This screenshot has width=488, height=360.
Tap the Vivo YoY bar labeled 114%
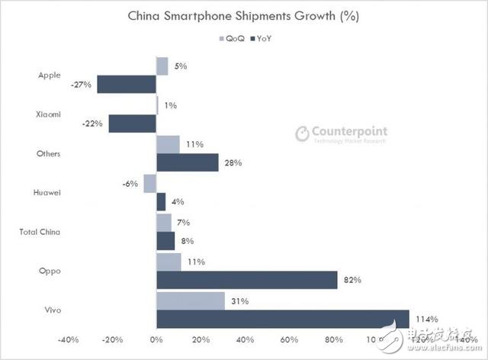coord(283,319)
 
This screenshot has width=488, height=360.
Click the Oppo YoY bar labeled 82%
coord(247,280)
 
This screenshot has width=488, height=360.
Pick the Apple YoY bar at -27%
coord(127,84)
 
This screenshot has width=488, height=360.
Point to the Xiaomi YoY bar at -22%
coord(132,124)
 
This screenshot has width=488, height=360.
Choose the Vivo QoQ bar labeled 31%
coord(191,301)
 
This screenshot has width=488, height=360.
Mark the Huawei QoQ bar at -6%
coord(149,184)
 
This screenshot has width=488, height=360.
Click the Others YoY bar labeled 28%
coord(188,162)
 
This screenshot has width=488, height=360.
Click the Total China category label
coord(39,231)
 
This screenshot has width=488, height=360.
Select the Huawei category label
coord(48,192)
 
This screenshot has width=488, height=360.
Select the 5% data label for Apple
coord(181,66)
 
